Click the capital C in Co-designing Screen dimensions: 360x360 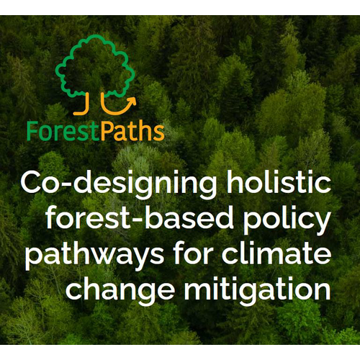pos(33,183)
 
